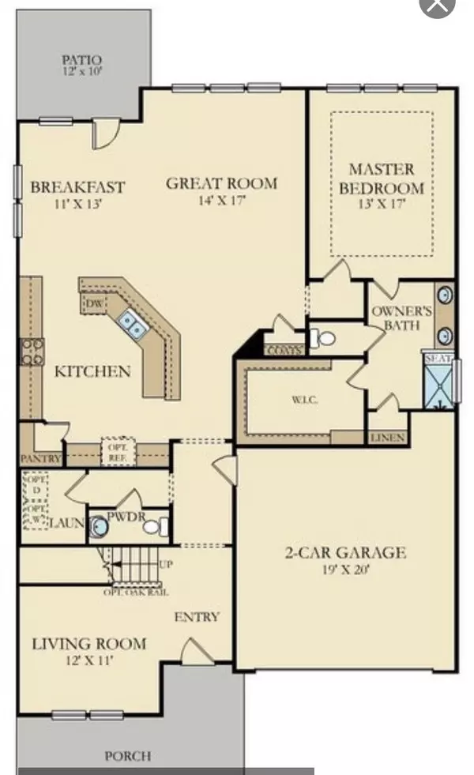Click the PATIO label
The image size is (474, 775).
pos(84,60)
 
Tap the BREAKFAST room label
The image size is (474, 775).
pos(77,187)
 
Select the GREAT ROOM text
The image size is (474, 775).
pos(222,184)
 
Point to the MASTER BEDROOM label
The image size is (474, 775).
pos(382,179)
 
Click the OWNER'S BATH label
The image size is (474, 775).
pos(402,318)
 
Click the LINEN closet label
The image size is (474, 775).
pos(387,438)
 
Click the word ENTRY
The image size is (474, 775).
pos(197,617)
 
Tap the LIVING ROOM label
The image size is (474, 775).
pos(89,644)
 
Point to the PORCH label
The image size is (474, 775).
pos(128,756)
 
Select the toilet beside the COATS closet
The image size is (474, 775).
pos(323,338)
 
